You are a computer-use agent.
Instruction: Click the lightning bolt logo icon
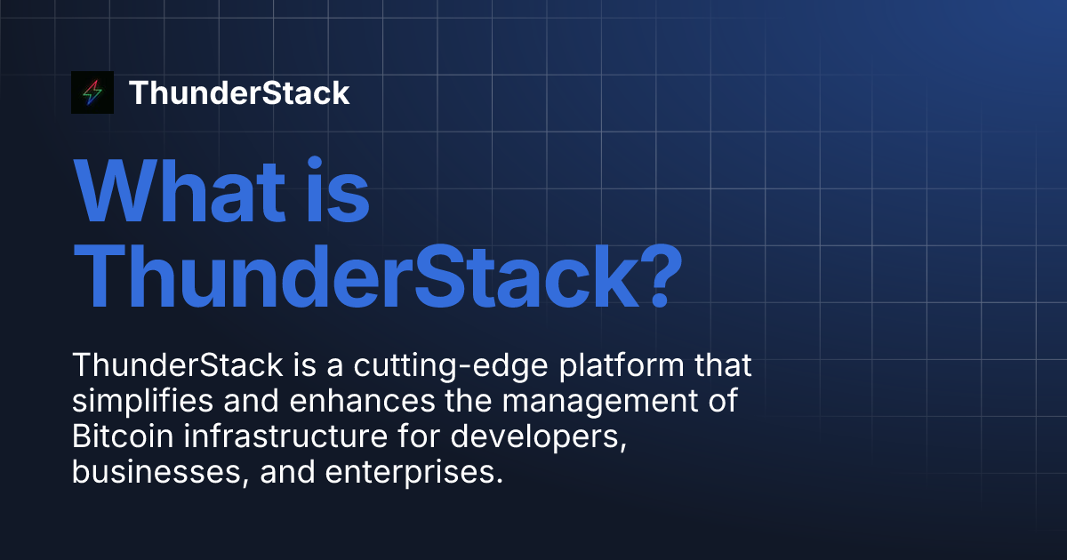92,92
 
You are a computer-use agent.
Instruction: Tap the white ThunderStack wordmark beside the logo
239,93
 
